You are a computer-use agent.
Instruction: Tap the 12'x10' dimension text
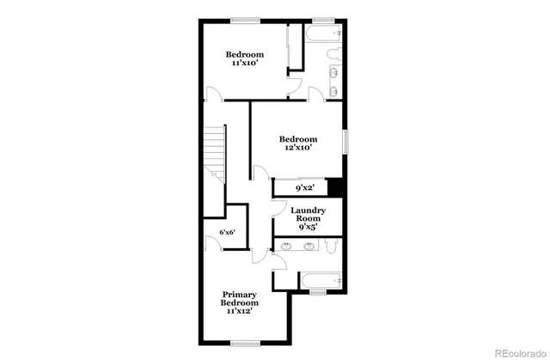point(298,148)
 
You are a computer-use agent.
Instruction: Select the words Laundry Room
point(307,215)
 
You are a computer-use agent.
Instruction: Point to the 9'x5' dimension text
point(307,229)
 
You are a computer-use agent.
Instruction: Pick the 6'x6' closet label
point(228,233)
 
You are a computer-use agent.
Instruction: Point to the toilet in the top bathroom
point(334,57)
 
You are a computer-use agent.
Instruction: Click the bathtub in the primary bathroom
point(320,280)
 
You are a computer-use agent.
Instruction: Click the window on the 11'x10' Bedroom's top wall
point(245,19)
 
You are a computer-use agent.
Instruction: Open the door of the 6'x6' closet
point(214,243)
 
